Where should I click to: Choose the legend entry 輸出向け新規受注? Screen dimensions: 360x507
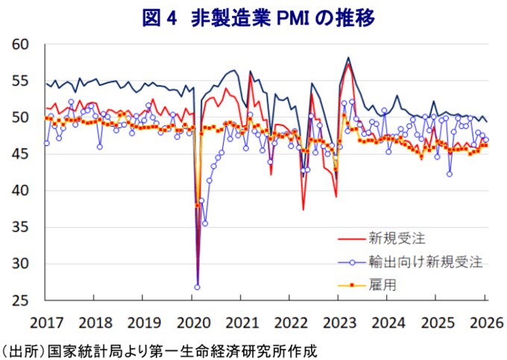coord(425,262)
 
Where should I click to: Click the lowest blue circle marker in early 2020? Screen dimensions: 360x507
coord(198,287)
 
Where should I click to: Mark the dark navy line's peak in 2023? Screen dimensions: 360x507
coord(348,57)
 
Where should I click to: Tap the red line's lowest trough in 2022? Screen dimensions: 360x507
coord(303,209)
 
